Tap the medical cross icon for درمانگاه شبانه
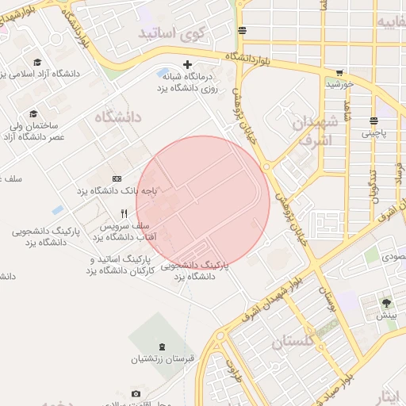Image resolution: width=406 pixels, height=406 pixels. (187, 64)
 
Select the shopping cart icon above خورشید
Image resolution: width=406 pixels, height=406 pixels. (339, 72)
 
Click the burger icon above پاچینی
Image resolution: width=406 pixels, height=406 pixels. (373, 121)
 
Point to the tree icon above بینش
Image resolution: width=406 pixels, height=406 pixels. (386, 303)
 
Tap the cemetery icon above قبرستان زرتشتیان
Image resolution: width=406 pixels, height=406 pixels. (163, 346)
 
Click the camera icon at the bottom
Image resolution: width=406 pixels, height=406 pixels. (136, 394)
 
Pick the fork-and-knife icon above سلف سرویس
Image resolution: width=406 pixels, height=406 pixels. (124, 213)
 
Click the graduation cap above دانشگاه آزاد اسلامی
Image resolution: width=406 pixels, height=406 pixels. (37, 62)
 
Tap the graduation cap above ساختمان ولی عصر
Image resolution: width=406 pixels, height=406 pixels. (33, 113)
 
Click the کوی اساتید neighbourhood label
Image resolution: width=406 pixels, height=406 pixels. (171, 33)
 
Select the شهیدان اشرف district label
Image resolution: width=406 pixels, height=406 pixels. (316, 129)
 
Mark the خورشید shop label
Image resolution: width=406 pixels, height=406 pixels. (339, 83)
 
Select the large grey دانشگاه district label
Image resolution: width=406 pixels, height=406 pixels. (117, 117)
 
